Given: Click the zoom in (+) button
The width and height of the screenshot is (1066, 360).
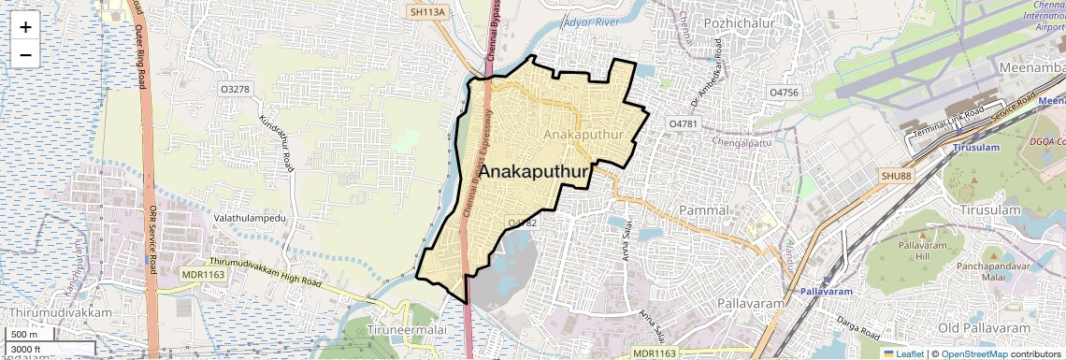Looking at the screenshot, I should pyautogui.click(x=25, y=27).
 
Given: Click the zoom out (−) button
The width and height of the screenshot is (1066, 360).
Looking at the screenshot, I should pyautogui.click(x=25, y=55).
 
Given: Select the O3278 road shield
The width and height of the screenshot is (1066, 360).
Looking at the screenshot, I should pyautogui.click(x=235, y=89).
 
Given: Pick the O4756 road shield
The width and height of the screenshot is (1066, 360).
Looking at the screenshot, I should pyautogui.click(x=783, y=93).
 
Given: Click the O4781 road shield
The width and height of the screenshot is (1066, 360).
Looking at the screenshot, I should pyautogui.click(x=684, y=123).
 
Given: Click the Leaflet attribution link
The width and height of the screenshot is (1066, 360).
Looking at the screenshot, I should pyautogui.click(x=902, y=353).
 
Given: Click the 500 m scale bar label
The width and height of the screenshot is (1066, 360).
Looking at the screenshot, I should pyautogui.click(x=25, y=335).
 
